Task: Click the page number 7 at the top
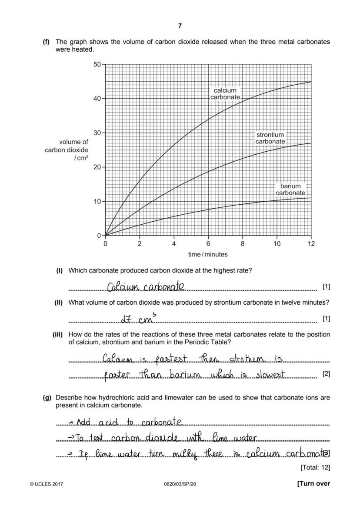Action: pyautogui.click(x=180, y=26)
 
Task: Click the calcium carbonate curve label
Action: pyautogui.click(x=225, y=94)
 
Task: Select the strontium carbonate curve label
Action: pyautogui.click(x=270, y=138)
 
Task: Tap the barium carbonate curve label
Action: pyautogui.click(x=290, y=190)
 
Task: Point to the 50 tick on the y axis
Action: pyautogui.click(x=97, y=64)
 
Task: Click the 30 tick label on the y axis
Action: pyautogui.click(x=97, y=133)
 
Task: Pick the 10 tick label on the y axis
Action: pyautogui.click(x=97, y=202)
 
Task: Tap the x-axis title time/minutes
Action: pyautogui.click(x=208, y=254)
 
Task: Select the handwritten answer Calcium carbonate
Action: pyautogui.click(x=146, y=287)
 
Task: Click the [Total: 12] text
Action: pyautogui.click(x=315, y=468)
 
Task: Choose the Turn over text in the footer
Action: pyautogui.click(x=313, y=483)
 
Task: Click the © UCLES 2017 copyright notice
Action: pyautogui.click(x=46, y=484)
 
